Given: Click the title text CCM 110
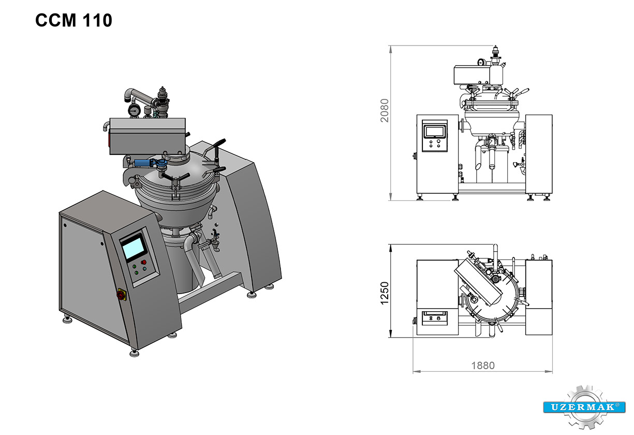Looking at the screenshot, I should [x=73, y=21].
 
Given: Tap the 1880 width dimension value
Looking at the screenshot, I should [x=482, y=366].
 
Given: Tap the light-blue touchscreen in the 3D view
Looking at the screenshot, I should [x=134, y=247].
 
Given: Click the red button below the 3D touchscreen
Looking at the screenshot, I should [x=144, y=263].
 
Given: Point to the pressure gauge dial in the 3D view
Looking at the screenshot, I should [x=134, y=110].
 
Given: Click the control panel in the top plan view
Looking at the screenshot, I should [x=435, y=317].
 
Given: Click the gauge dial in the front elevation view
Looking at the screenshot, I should [x=482, y=62].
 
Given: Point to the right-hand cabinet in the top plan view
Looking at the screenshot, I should [x=539, y=298].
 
